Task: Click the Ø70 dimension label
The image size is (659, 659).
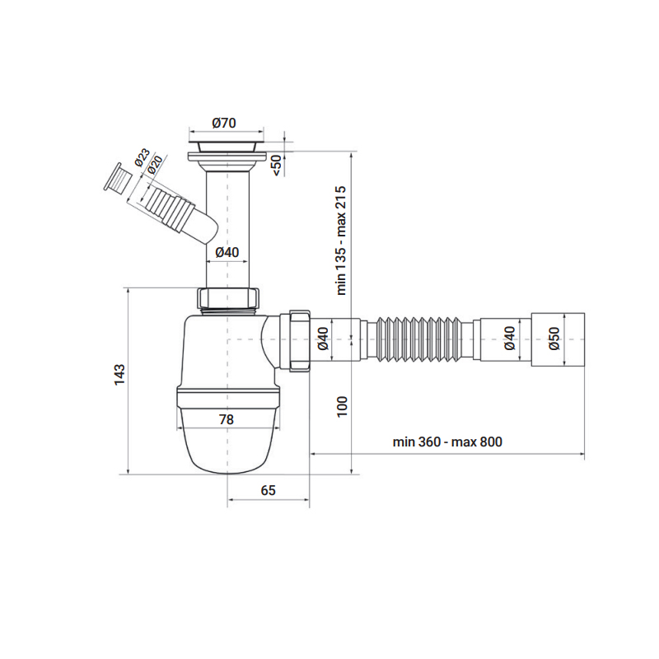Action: pos(224,123)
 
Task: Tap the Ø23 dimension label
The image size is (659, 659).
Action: pos(143,157)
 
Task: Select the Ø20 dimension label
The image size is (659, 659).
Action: pos(155,166)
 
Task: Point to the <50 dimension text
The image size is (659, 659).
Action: pos(277,166)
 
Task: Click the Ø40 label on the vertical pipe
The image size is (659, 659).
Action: pos(227,252)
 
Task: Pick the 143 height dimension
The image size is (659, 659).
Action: pos(119,375)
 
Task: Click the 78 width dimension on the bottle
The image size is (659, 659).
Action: pos(226,419)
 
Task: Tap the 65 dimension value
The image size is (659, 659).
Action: pos(269,490)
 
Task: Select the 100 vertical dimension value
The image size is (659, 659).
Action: pos(342,406)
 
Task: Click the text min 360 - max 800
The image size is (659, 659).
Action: pos(447,442)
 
